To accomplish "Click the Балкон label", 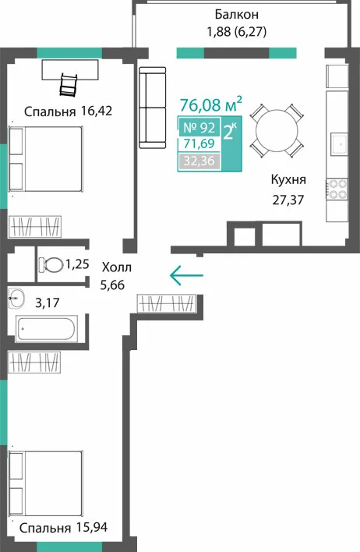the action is [236, 15].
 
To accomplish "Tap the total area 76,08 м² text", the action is [211, 104].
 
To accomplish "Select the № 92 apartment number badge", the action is [199, 127].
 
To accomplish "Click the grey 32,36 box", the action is [199, 161].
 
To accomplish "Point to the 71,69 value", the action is [199, 143].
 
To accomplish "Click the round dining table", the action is [277, 131].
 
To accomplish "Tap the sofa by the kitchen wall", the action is [153, 108].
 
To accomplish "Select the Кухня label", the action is [288, 179].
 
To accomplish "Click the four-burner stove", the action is [337, 189].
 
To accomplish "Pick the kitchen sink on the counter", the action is [339, 144].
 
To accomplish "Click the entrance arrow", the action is [186, 275].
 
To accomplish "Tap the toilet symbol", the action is [51, 265].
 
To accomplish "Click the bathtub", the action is [47, 329].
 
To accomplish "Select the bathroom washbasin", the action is [16, 298].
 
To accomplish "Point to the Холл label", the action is [117, 267].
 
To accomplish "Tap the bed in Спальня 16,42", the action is [45, 159].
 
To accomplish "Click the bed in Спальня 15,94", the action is [45, 483].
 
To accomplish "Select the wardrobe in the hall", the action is [166, 303].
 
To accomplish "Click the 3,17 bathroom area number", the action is [48, 303].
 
